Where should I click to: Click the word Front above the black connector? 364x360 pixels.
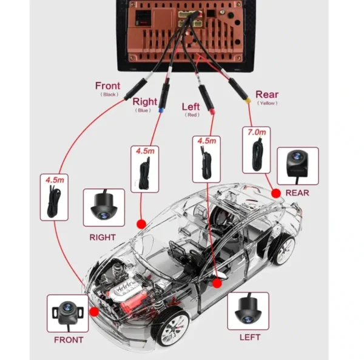click(x=108, y=85)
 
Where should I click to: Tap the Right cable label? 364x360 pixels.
click(x=144, y=102)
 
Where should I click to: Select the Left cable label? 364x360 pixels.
click(x=190, y=107)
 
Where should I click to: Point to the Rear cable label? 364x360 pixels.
click(x=267, y=95)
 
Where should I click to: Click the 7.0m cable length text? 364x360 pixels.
click(x=257, y=132)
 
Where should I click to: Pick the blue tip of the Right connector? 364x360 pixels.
click(x=160, y=110)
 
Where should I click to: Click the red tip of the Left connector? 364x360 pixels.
click(x=212, y=112)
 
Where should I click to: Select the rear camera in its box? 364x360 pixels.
click(x=297, y=163)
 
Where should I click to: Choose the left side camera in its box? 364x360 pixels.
click(x=248, y=311)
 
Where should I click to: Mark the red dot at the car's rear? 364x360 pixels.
click(x=276, y=193)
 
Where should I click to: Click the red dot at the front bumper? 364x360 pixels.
click(x=94, y=312)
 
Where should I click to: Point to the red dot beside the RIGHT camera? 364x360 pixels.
click(x=141, y=224)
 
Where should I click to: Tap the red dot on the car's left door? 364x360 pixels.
click(x=217, y=283)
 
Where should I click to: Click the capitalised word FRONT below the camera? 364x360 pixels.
click(x=69, y=340)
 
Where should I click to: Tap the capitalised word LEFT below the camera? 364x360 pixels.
click(x=250, y=337)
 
